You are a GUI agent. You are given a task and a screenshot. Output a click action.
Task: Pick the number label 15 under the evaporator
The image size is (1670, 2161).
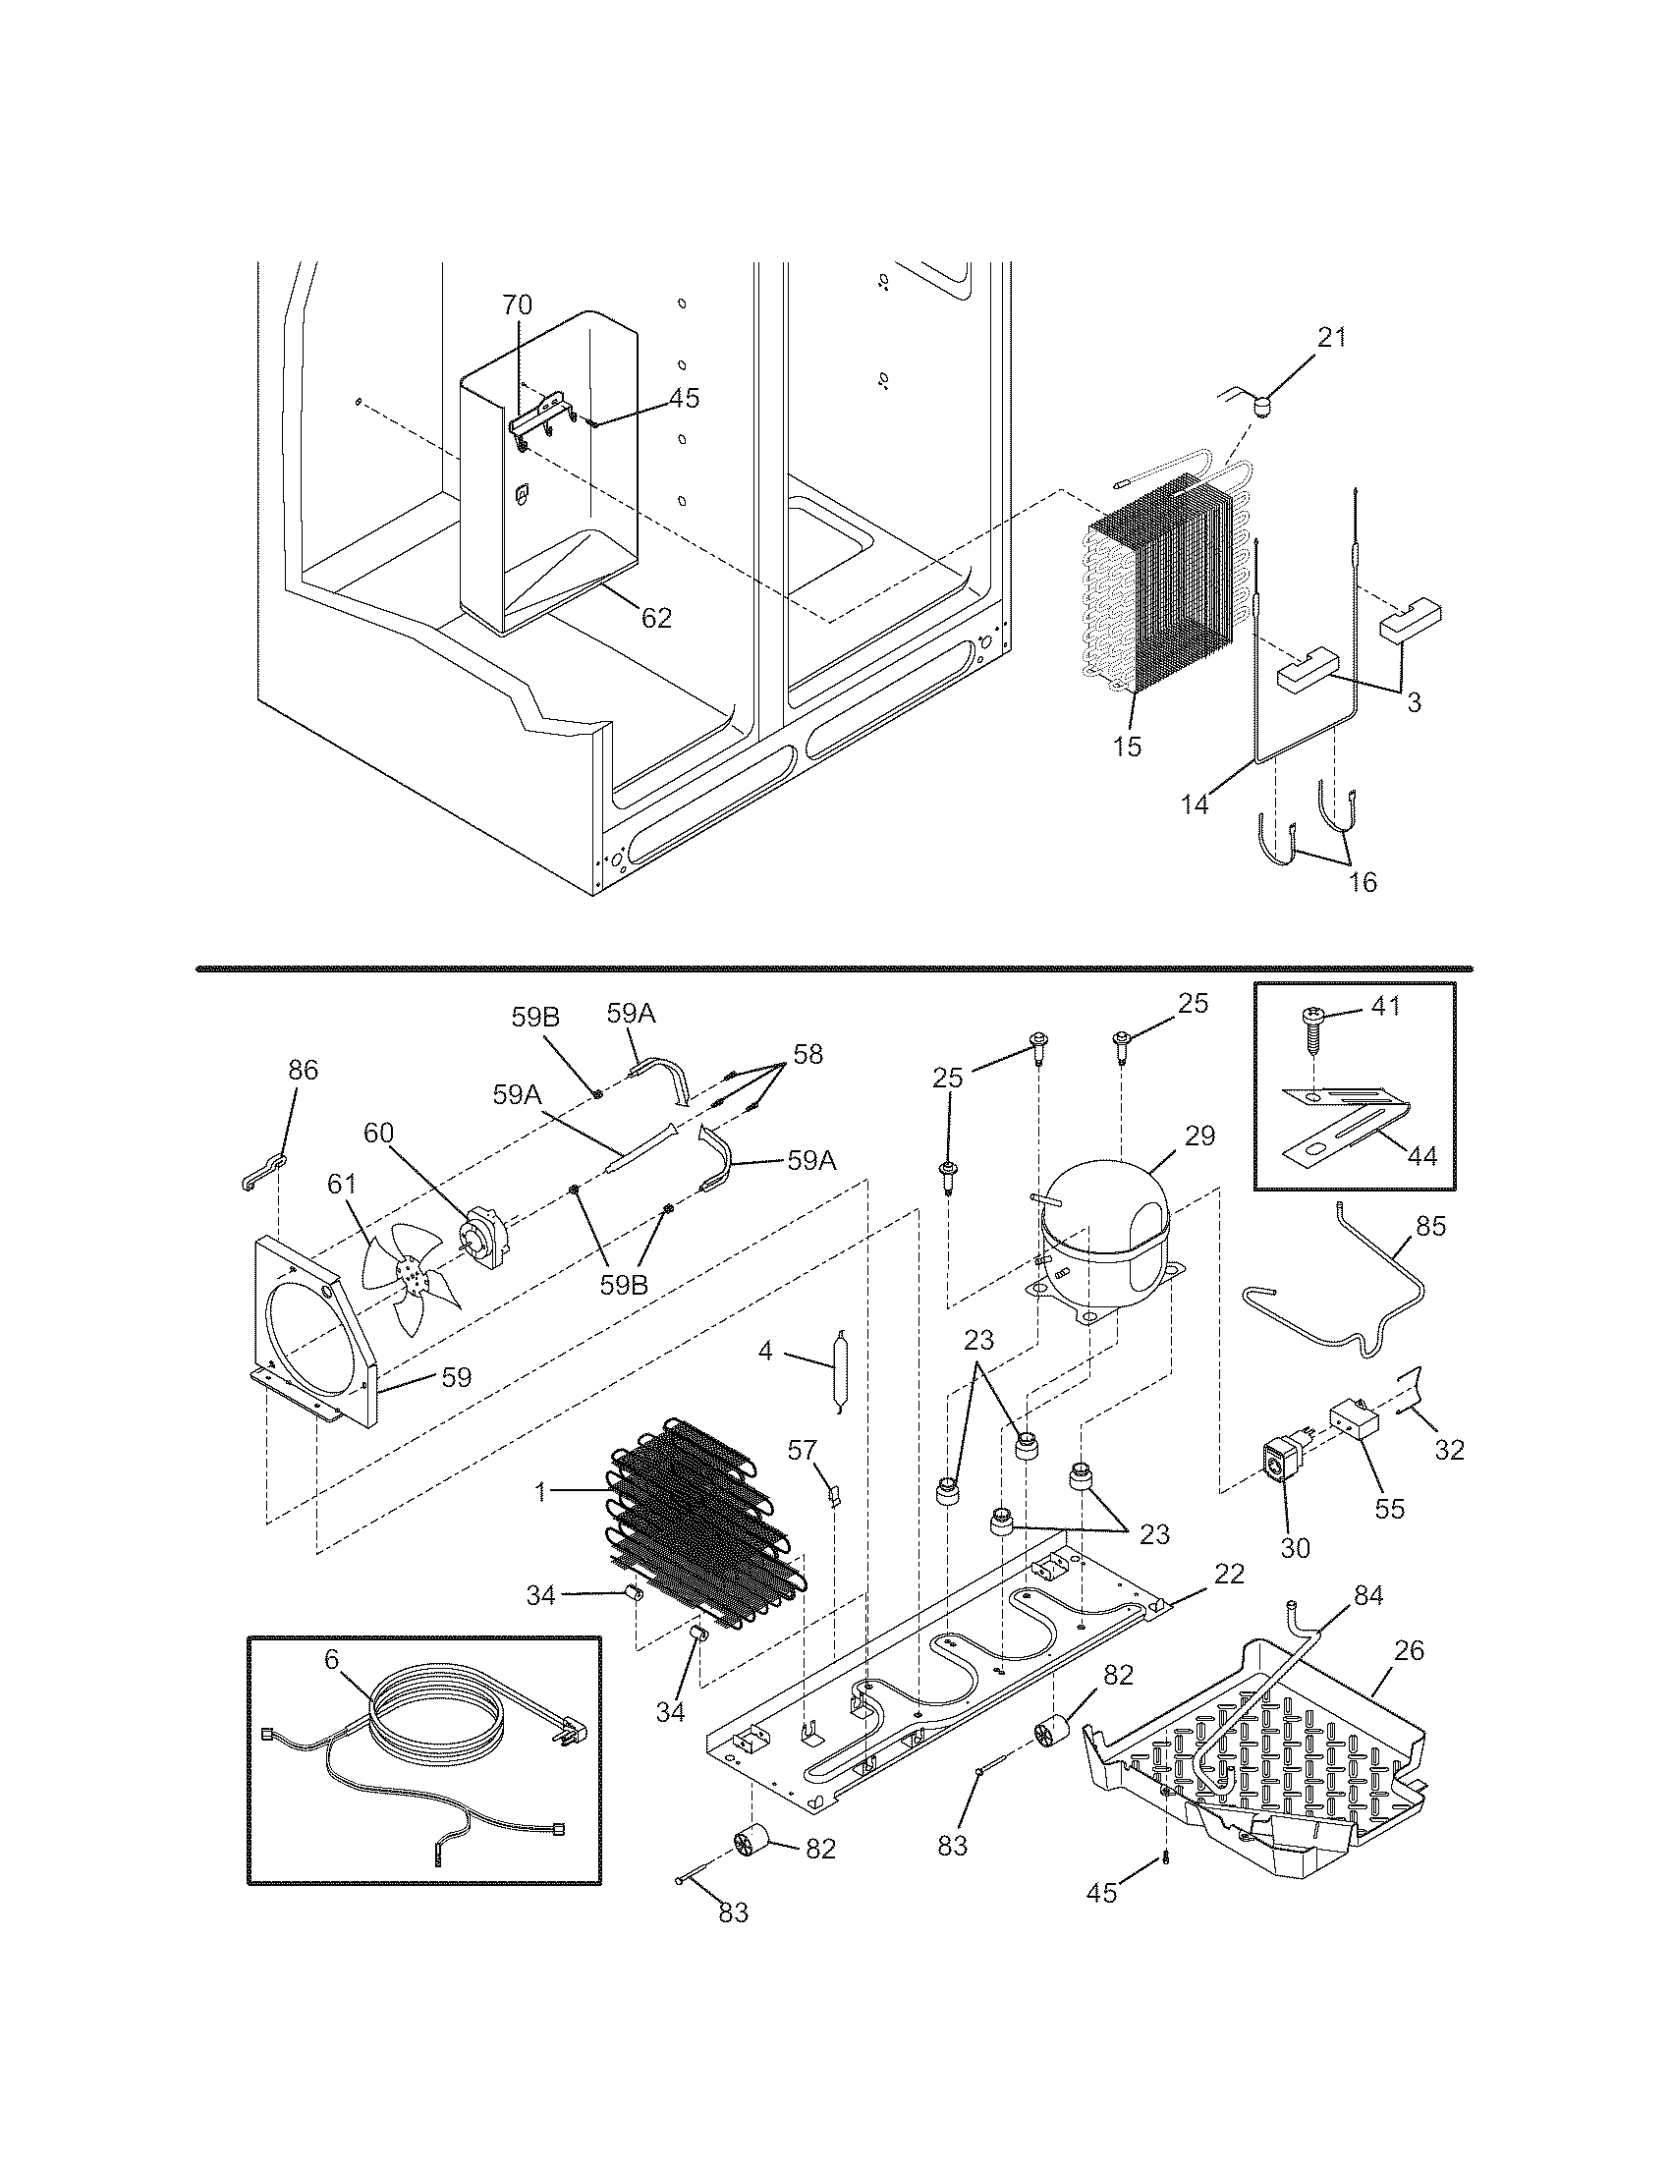click(x=1126, y=748)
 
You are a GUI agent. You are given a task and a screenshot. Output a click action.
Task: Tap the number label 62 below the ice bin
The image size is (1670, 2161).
click(x=656, y=619)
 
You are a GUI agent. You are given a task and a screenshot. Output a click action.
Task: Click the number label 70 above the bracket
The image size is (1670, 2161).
click(x=517, y=304)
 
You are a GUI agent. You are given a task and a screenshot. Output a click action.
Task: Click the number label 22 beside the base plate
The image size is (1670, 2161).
click(x=1229, y=1575)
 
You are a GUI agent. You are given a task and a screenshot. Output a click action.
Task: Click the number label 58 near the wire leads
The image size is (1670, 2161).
click(x=807, y=1054)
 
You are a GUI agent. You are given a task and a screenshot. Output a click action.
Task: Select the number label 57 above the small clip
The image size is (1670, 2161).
click(x=803, y=1452)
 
